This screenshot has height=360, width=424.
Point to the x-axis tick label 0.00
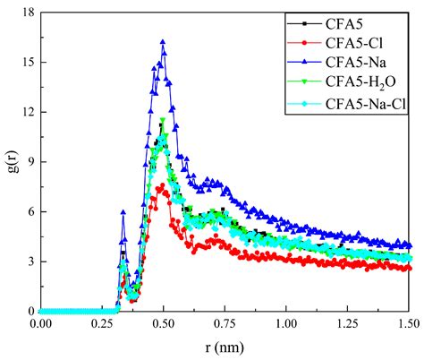pyautogui.click(x=40, y=323)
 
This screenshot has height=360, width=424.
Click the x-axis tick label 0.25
pyautogui.click(x=102, y=323)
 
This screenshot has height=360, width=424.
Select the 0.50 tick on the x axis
pyautogui.click(x=164, y=323)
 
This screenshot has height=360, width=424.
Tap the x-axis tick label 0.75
pyautogui.click(x=225, y=323)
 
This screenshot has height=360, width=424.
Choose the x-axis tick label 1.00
pyautogui.click(x=287, y=323)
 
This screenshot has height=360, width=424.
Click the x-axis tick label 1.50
pyautogui.click(x=409, y=323)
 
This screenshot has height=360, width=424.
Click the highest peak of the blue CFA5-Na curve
pyautogui.click(x=163, y=41)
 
